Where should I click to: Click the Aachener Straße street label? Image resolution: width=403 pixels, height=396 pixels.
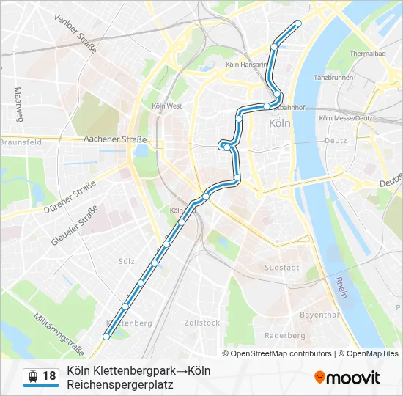point(115,139)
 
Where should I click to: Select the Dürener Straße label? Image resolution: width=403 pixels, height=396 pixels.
point(70,197)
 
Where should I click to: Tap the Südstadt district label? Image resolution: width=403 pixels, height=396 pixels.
point(282,268)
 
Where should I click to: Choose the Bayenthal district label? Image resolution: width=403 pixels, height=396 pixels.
point(319,314)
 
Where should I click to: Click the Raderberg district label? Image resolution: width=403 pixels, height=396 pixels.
point(285,335)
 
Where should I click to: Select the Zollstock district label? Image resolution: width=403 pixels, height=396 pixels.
point(202,323)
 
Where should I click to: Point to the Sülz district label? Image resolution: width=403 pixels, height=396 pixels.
point(127,261)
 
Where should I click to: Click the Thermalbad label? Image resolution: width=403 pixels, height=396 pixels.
point(367,54)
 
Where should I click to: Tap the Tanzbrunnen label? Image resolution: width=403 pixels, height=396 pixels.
point(333,77)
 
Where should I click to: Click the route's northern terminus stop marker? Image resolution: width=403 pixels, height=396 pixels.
point(297,23)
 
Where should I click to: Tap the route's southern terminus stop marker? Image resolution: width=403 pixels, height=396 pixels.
point(107,337)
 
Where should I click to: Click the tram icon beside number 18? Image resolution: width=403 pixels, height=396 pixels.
point(32,376)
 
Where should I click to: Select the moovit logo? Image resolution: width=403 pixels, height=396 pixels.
point(347,378)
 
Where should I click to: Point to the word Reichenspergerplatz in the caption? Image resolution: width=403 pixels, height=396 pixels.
point(119,384)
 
